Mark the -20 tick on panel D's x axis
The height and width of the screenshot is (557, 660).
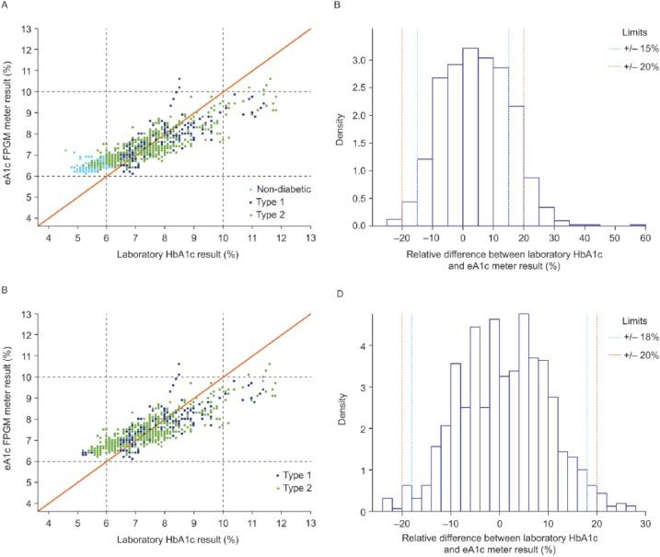402,523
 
